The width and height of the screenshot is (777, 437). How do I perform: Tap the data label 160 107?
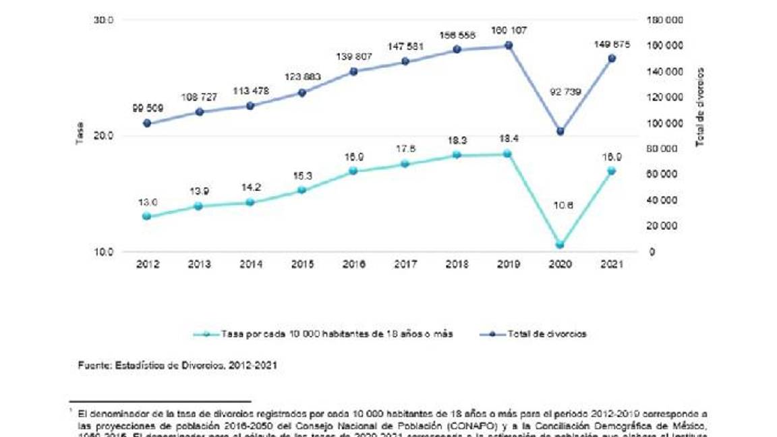pyautogui.click(x=509, y=31)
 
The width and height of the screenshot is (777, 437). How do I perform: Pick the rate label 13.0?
pyautogui.click(x=147, y=202)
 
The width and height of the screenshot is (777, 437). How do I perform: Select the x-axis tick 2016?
pyautogui.click(x=353, y=265)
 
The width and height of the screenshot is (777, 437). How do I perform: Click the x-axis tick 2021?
pyautogui.click(x=612, y=265)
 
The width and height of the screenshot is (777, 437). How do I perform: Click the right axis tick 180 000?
pyautogui.click(x=665, y=20)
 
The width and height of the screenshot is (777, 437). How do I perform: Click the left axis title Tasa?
pyautogui.click(x=80, y=136)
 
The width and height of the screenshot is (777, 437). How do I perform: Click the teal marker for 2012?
pyautogui.click(x=147, y=216)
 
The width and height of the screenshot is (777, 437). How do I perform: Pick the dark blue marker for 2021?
pyautogui.click(x=612, y=59)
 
